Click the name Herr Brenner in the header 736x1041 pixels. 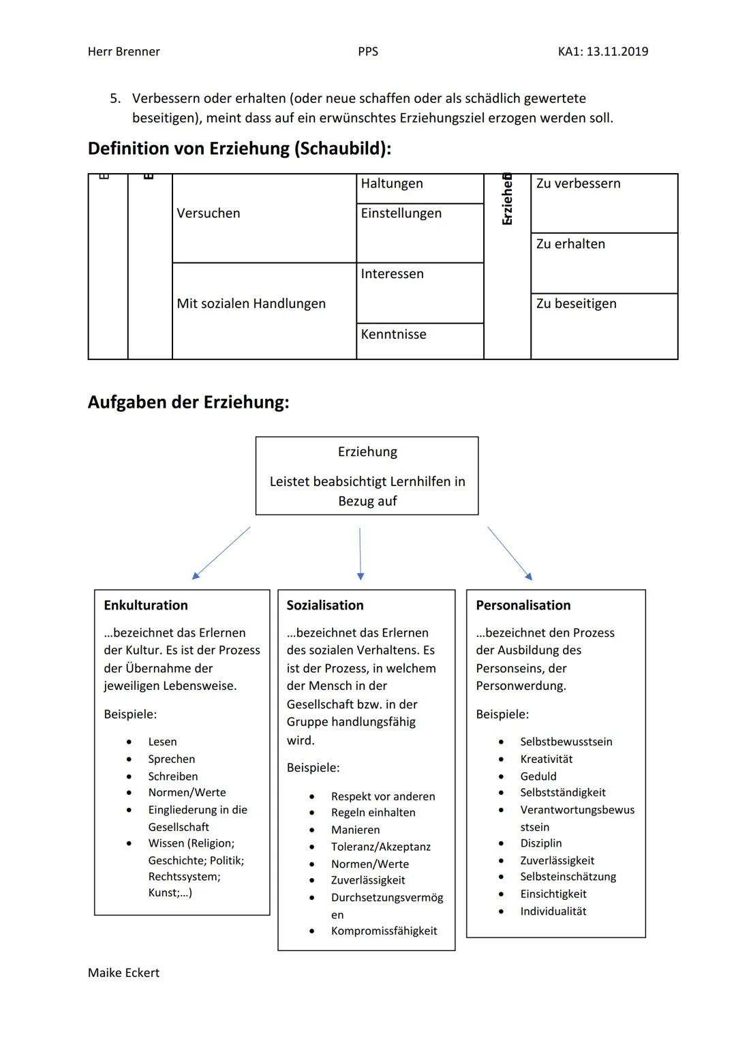[x=123, y=52]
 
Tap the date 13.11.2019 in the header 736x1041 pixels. [x=617, y=52]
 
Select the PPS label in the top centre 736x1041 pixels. [x=367, y=52]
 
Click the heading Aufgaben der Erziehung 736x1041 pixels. [x=188, y=402]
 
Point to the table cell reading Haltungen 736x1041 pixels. [x=392, y=184]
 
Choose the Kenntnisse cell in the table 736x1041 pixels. [x=394, y=335]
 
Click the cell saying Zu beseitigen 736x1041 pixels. [x=576, y=304]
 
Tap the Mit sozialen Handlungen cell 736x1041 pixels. [x=251, y=304]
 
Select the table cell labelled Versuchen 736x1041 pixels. [x=209, y=213]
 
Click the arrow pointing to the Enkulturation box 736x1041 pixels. [x=221, y=553]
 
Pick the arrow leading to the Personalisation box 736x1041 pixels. [x=510, y=554]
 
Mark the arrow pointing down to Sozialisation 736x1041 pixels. [x=361, y=553]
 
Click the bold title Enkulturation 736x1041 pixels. [x=146, y=605]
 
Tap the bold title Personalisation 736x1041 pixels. [x=523, y=605]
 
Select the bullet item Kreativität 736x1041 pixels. [x=546, y=759]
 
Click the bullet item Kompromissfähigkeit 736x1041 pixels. [x=384, y=931]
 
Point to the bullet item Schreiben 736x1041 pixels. [x=173, y=776]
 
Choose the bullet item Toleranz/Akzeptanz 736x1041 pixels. [x=381, y=847]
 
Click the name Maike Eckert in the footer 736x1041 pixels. [x=123, y=974]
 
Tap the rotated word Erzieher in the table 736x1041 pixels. [x=507, y=199]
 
